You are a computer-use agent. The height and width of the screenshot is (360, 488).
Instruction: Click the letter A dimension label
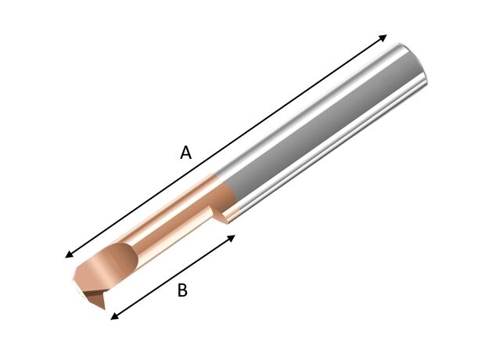(185, 153)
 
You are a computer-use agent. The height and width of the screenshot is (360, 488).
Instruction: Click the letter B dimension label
(182, 290)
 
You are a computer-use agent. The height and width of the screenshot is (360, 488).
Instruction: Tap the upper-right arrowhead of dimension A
(383, 37)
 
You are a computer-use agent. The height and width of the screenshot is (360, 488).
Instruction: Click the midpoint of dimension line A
(226, 146)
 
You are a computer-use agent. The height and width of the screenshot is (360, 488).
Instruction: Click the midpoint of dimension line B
(173, 276)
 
